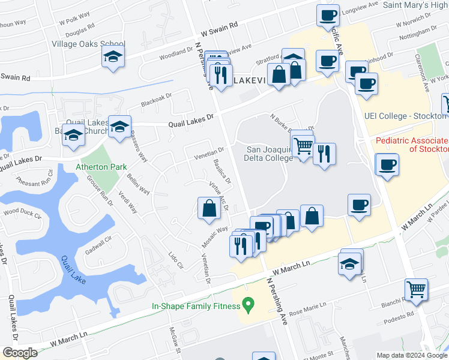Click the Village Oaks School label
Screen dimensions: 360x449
[x=88, y=44]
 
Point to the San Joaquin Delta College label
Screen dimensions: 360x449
[x=268, y=154]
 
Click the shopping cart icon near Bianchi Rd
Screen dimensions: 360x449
[x=415, y=290]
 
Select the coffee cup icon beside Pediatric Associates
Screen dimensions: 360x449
[x=387, y=164]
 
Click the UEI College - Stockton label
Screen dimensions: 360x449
[x=406, y=115]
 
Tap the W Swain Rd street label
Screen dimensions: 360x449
[x=219, y=28]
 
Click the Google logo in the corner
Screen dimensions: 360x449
[x=20, y=353]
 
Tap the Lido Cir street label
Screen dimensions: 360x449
[x=175, y=259]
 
